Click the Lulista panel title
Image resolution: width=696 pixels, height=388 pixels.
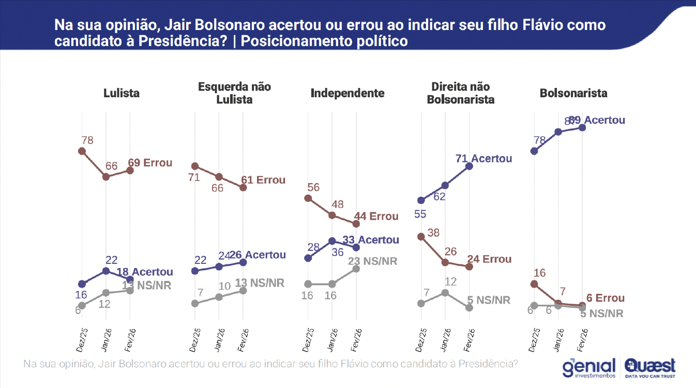pos(121,93)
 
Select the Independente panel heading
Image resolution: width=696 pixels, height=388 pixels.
pos(347,93)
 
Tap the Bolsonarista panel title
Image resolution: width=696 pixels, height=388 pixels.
pos(573,93)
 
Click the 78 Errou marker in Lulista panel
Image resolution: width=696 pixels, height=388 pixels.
pos(82,151)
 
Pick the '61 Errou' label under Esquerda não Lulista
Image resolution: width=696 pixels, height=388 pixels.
pos(263,180)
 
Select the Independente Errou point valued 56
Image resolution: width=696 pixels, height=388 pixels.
pos(308,198)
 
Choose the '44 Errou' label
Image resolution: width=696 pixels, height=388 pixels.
pos(376,216)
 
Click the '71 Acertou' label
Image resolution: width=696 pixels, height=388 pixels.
pos(483,158)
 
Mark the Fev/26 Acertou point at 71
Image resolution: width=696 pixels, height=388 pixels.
pos(469,166)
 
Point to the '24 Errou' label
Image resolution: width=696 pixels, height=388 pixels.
pos(489,259)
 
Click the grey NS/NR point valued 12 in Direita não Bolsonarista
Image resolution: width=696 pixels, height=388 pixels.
pos(445,293)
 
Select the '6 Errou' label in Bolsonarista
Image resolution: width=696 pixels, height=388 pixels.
pos(602,299)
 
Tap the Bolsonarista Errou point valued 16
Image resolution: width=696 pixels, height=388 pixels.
pos(534,284)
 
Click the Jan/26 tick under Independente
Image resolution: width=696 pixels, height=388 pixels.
pos(333,338)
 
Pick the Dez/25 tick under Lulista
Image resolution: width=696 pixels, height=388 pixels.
pos(81,338)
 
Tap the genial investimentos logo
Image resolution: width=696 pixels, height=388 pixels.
pos(589,368)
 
